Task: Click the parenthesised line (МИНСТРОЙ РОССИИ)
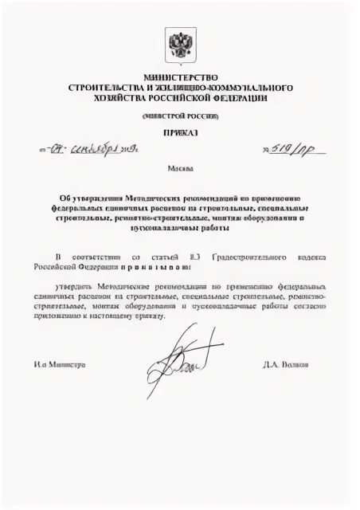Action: point(179,116)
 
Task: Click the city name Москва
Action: point(179,170)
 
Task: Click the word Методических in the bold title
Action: point(138,196)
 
